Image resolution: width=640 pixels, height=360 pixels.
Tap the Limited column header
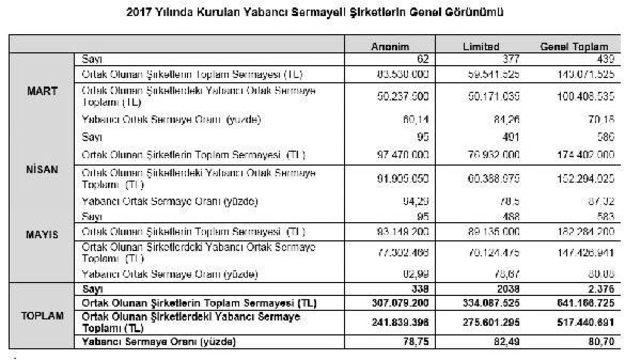[481, 46]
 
